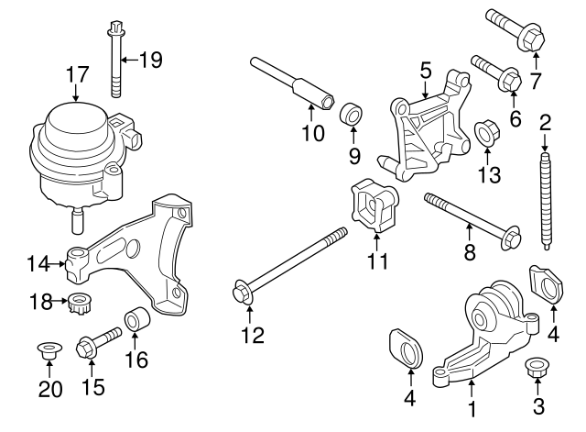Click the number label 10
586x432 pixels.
coord(312,134)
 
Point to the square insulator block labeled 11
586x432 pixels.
coord(375,208)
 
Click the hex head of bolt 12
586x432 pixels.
coord(242,293)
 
